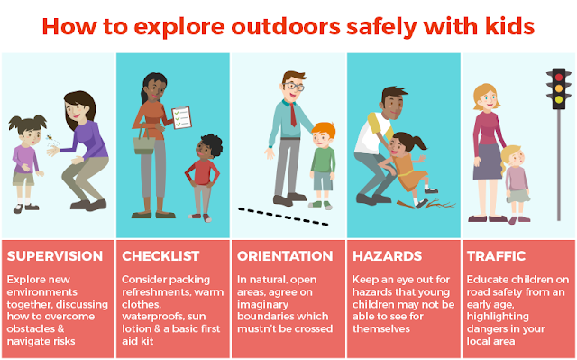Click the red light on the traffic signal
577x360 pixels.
(559, 78)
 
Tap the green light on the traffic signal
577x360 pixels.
(559, 99)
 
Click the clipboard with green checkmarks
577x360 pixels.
(182, 117)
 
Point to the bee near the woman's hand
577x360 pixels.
(50, 137)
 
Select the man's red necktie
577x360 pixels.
(293, 115)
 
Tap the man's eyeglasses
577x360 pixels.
(293, 87)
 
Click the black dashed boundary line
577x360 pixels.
(283, 217)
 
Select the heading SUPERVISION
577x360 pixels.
(55, 256)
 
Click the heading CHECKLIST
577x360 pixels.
(160, 256)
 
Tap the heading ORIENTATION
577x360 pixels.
(285, 256)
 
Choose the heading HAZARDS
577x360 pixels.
(387, 256)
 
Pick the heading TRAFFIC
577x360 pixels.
(496, 256)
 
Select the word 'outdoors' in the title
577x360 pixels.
(286, 26)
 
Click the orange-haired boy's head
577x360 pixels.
(323, 134)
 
